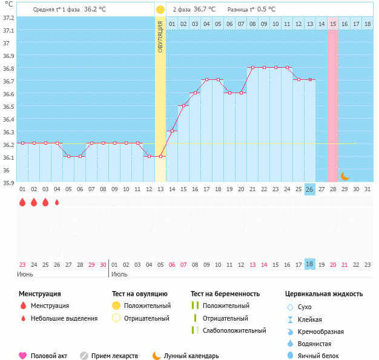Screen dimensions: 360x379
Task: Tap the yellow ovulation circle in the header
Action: coord(160,10)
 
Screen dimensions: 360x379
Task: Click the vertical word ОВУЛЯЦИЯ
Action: coord(160,37)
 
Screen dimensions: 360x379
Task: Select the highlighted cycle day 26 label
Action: coord(309,189)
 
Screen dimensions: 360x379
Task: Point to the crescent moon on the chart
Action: coord(344,176)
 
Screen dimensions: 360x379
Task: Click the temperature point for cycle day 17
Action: coord(206,79)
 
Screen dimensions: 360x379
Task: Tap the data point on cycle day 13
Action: coord(160,156)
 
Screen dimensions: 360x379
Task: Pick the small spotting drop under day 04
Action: coord(57,203)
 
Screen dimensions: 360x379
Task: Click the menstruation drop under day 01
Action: coord(22,203)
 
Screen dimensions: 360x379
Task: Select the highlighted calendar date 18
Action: coord(309,264)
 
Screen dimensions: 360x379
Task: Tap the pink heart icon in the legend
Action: coord(23,356)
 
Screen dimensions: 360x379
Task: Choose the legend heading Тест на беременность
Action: coord(225,294)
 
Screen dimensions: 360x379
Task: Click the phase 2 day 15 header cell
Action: coord(333,24)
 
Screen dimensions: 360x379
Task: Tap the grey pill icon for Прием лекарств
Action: coord(84,356)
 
